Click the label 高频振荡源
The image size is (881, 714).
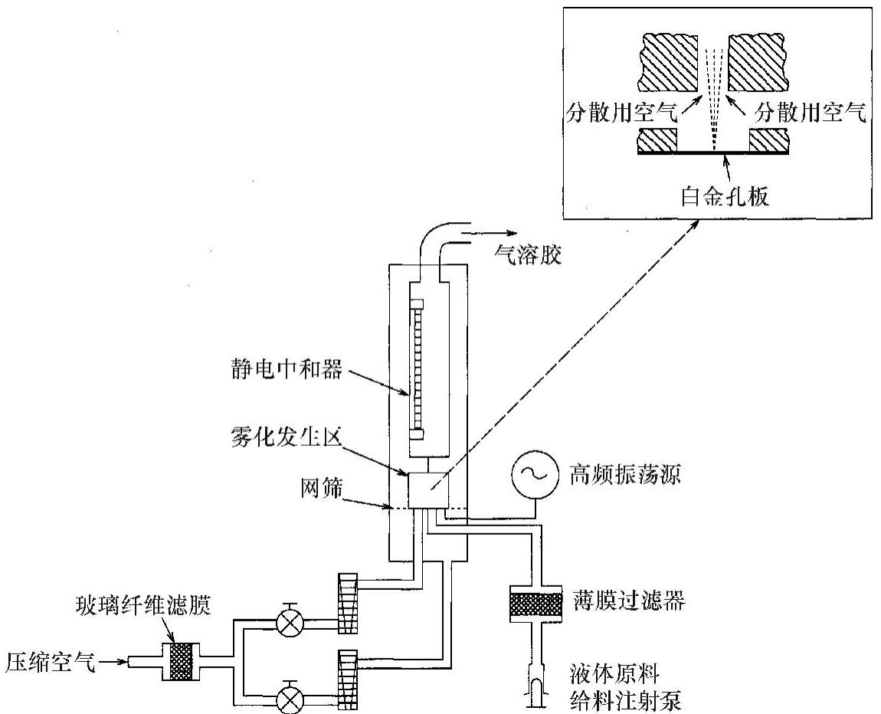coord(620,476)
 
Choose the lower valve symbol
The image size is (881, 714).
coord(290,699)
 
